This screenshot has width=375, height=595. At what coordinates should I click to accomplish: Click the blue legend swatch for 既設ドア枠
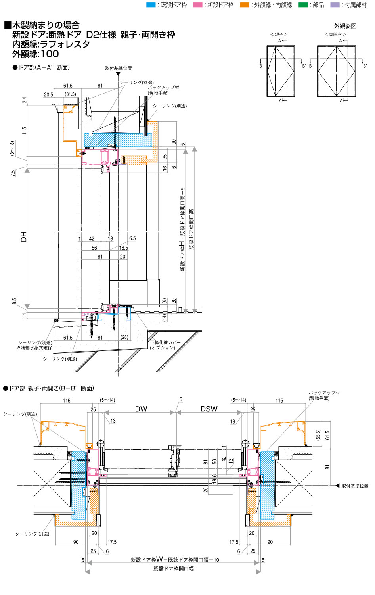tap(151, 5)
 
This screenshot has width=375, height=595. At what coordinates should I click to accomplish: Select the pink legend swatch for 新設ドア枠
tap(198, 5)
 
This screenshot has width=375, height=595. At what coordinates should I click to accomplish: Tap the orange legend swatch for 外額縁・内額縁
tap(245, 5)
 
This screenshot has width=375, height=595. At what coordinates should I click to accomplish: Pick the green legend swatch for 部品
tap(303, 5)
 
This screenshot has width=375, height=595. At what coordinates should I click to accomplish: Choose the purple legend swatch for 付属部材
tap(335, 5)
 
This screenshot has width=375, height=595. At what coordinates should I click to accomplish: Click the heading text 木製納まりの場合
tap(46, 25)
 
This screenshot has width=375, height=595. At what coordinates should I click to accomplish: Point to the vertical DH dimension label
tap(24, 236)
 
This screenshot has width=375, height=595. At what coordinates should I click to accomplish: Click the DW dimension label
tap(141, 409)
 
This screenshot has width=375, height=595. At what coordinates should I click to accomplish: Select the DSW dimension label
tap(209, 409)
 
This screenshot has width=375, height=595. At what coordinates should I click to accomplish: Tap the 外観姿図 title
tap(345, 26)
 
